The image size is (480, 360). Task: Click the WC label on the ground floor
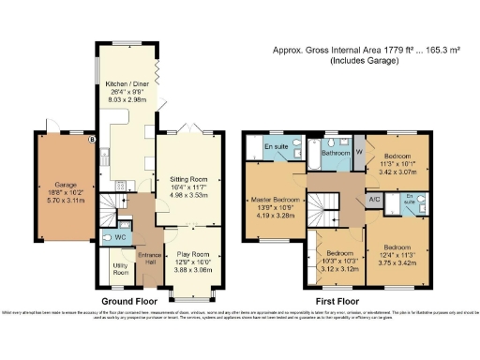(x=120, y=237)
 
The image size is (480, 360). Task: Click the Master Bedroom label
(x=275, y=200)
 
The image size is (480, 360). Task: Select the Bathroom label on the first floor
(x=335, y=151)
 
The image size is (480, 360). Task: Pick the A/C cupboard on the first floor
(x=373, y=200)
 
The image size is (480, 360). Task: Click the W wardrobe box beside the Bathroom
(x=359, y=150)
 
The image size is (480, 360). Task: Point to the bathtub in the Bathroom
(x=334, y=164)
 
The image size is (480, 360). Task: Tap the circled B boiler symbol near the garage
(x=91, y=141)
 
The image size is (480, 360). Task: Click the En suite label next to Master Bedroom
(x=277, y=147)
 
